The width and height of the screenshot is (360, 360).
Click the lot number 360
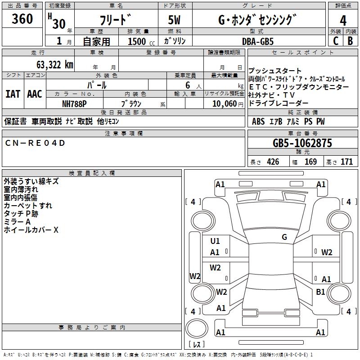tap(22, 19)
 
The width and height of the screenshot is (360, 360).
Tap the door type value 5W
tap(175, 21)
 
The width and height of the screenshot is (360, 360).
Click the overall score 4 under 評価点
tap(343, 21)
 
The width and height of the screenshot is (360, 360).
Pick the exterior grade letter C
tap(335, 41)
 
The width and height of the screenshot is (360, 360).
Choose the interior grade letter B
tap(350, 41)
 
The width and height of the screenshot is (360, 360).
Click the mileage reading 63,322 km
tap(52, 65)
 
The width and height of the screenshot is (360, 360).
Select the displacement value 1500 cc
tap(140, 41)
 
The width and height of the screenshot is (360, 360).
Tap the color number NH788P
tap(74, 103)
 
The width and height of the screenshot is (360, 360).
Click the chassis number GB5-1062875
tap(302, 144)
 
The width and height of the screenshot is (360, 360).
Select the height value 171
tap(346, 162)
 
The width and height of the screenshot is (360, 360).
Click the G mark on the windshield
tap(284, 237)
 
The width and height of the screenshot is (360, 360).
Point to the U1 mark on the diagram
tap(215, 241)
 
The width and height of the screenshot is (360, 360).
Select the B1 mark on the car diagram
tap(320, 292)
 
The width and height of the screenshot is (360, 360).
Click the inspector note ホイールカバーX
tap(31, 230)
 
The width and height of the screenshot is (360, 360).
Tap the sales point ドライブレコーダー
tap(279, 103)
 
